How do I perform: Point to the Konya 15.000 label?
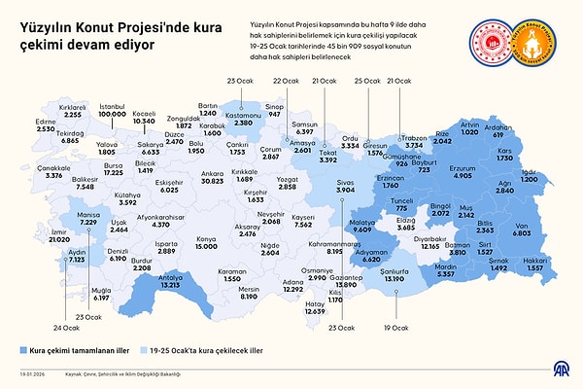click(206, 242)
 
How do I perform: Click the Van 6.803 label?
click(521, 229)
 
